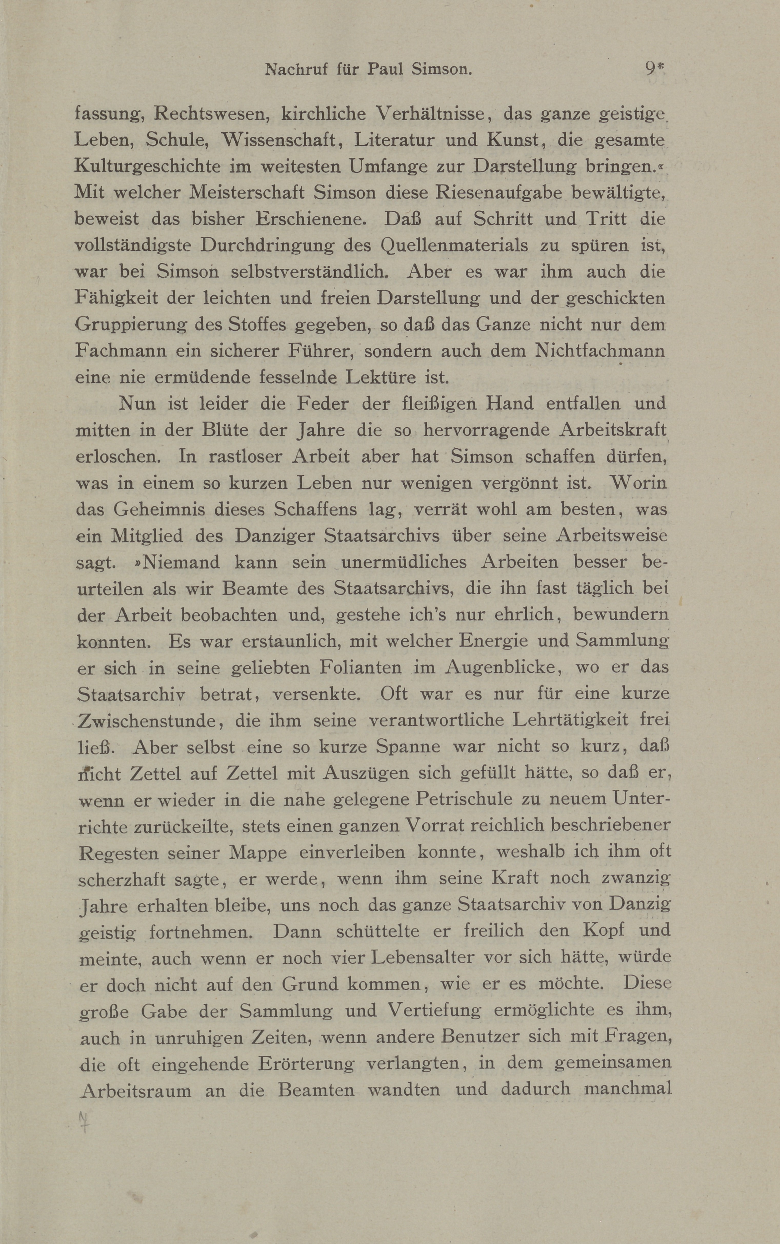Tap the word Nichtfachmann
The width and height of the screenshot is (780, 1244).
click(x=600, y=351)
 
